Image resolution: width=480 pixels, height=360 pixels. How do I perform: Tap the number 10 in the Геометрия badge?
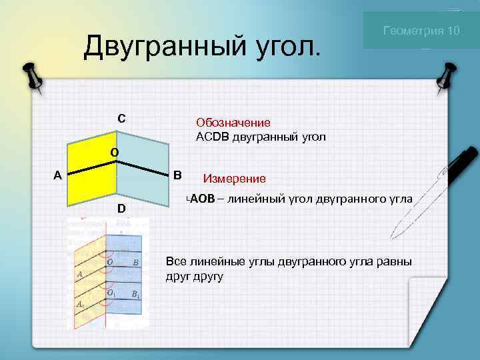click(453, 31)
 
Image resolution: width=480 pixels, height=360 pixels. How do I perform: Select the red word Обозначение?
click(233, 123)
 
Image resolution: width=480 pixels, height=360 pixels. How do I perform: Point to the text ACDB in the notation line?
click(209, 137)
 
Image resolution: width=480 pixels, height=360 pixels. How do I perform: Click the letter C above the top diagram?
click(121, 119)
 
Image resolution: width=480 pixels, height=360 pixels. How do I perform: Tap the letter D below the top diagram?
click(121, 209)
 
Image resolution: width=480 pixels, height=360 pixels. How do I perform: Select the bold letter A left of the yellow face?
click(58, 176)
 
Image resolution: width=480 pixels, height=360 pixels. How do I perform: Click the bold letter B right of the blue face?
click(177, 176)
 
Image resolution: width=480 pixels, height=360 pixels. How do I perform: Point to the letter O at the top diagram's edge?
click(115, 152)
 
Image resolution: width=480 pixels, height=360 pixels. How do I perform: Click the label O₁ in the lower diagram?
click(111, 293)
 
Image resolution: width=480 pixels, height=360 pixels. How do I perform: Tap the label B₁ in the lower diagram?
click(135, 294)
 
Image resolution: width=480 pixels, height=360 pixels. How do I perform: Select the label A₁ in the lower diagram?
click(80, 304)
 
